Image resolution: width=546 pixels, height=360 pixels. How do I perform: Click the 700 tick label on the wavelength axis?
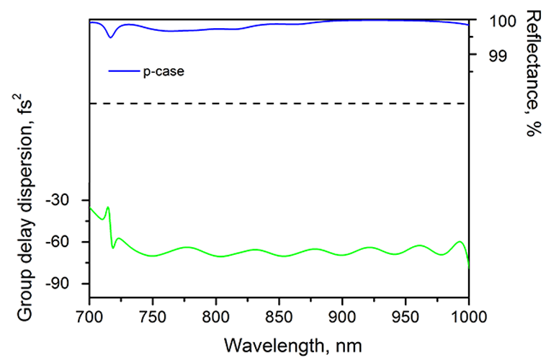pyautogui.click(x=89, y=315)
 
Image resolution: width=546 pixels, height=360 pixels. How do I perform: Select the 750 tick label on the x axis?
pyautogui.click(x=152, y=315)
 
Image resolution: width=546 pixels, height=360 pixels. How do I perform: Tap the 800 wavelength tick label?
pyautogui.click(x=215, y=315)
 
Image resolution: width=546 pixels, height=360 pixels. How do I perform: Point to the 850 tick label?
pyautogui.click(x=279, y=315)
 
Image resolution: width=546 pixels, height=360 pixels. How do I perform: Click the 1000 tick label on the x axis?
pyautogui.click(x=469, y=315)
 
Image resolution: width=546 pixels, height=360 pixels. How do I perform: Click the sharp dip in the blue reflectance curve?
pyautogui.click(x=110, y=37)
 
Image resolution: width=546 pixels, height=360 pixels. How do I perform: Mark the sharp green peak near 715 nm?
pyautogui.click(x=107, y=207)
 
